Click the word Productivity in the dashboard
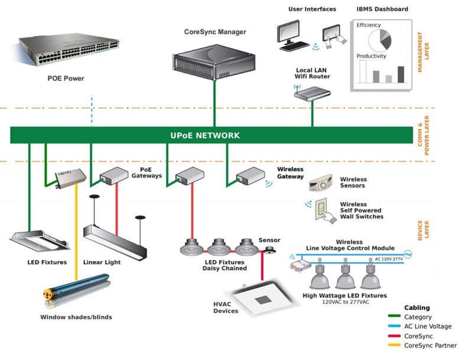coord(371,56)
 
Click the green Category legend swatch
coord(394,317)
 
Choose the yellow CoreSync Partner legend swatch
coord(394,345)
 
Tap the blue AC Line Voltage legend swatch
coord(394,326)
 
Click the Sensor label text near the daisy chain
coord(269,240)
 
